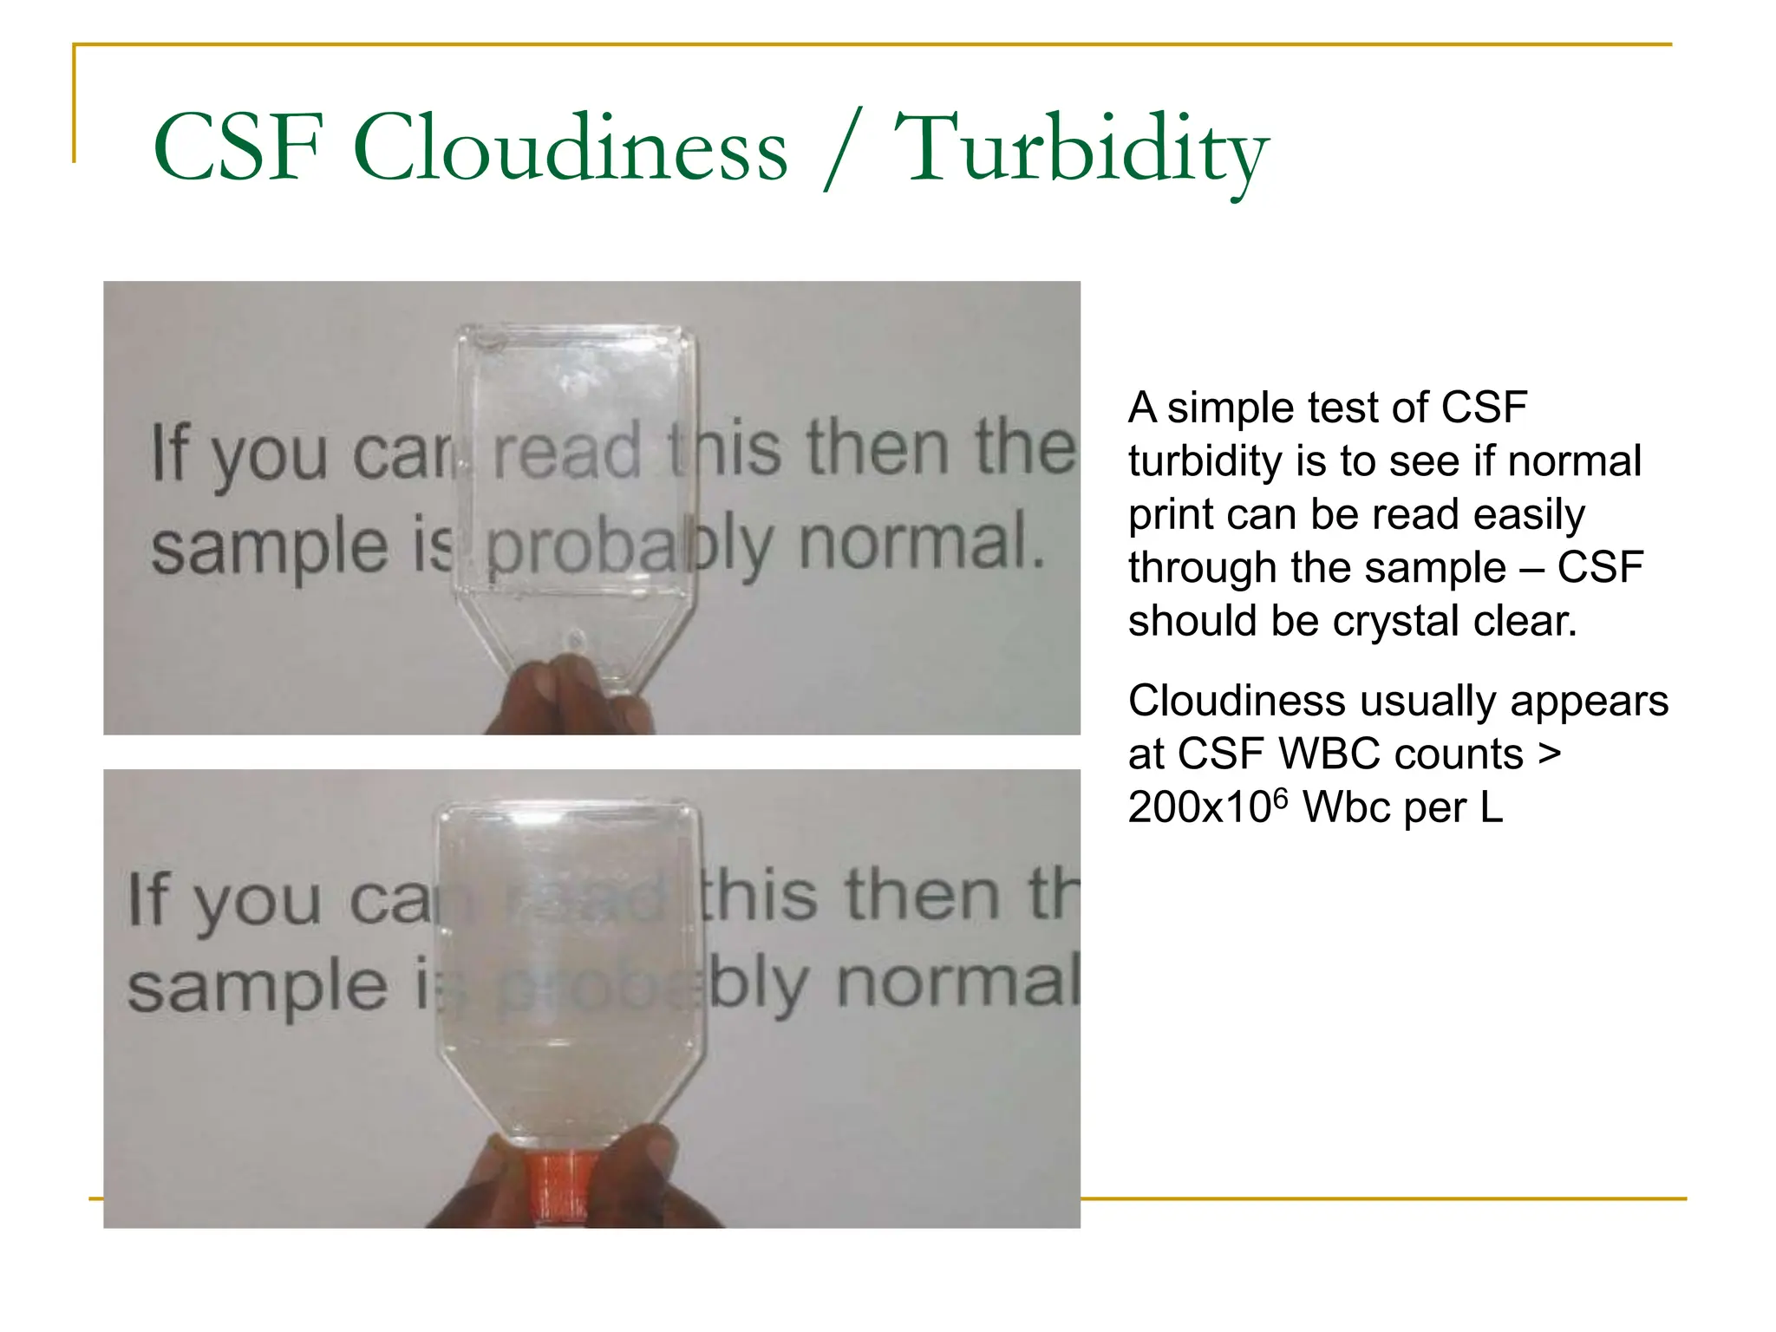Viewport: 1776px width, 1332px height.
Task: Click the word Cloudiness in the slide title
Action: [571, 149]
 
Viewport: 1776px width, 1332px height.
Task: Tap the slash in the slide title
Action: [840, 149]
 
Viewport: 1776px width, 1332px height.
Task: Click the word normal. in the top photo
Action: [922, 543]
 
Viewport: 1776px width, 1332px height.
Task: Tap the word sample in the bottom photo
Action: [257, 989]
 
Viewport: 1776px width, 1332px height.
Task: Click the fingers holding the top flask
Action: [564, 694]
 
